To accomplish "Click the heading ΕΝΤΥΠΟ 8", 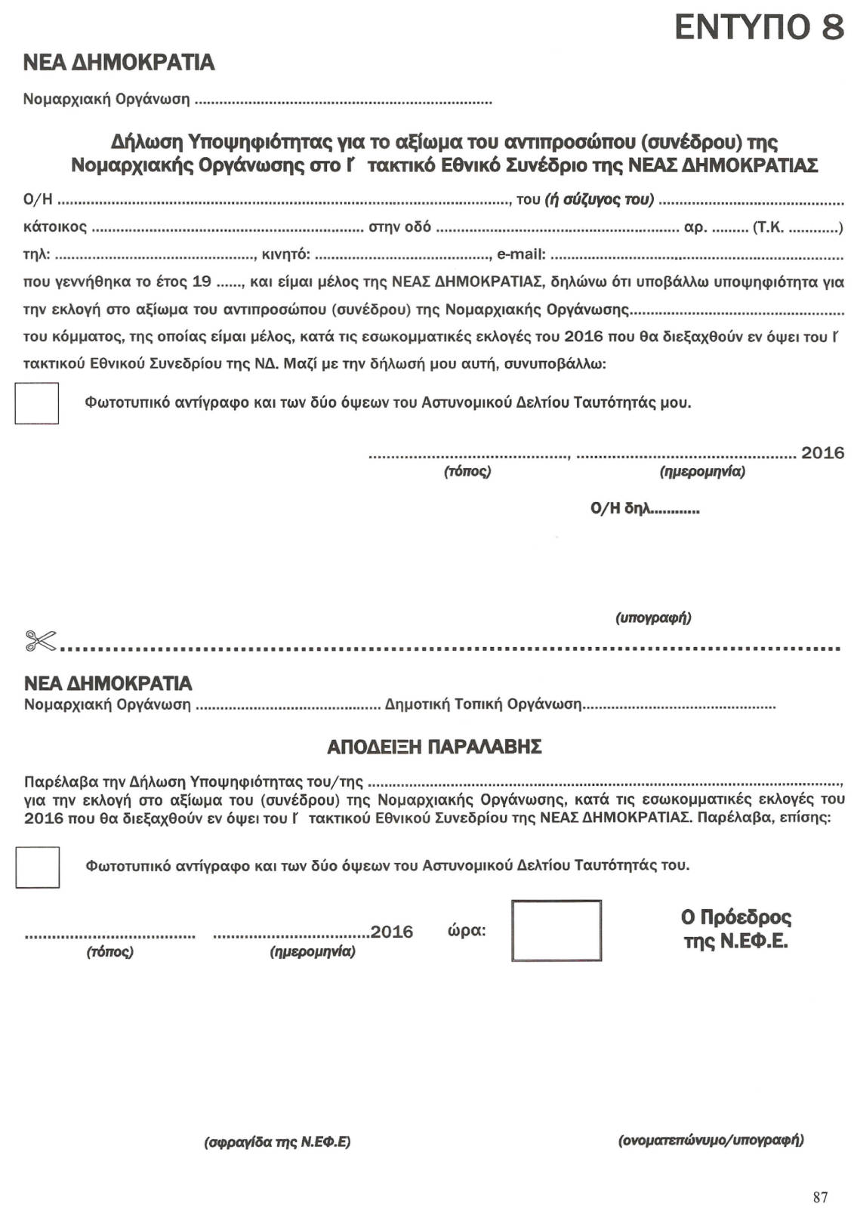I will (x=758, y=28).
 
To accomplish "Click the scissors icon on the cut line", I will (x=41, y=641).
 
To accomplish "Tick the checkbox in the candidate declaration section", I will (x=37, y=403).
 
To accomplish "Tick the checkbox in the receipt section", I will (x=38, y=867).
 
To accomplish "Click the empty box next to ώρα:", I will (x=556, y=930).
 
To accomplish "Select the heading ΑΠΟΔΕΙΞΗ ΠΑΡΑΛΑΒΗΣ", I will (x=434, y=747).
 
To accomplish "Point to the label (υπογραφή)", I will (x=653, y=618).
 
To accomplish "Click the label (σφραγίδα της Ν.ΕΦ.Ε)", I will (x=277, y=1142).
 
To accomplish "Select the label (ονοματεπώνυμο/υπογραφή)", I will (x=711, y=1139).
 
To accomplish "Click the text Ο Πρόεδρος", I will (x=736, y=917).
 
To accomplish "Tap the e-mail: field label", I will (x=521, y=254).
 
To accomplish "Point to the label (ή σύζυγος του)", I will (x=599, y=199).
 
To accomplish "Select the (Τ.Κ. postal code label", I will (x=768, y=227).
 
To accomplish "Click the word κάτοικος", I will (x=55, y=227).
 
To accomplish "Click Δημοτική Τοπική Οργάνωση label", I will (x=483, y=704).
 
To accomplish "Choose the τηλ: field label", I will (x=37, y=254).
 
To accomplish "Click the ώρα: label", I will (x=467, y=930).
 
